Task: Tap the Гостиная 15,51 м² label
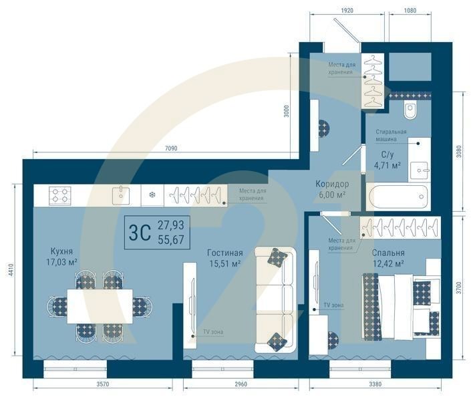click(x=224, y=258)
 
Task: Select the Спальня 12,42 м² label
click(x=388, y=258)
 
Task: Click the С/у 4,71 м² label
click(x=386, y=159)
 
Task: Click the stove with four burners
click(x=59, y=195)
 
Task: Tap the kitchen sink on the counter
click(x=121, y=195)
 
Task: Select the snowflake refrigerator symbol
click(x=152, y=195)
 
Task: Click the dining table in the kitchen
click(x=100, y=307)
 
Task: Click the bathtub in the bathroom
click(x=397, y=196)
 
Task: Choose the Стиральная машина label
click(x=390, y=136)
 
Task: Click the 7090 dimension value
click(x=171, y=148)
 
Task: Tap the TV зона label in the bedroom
click(x=333, y=305)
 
